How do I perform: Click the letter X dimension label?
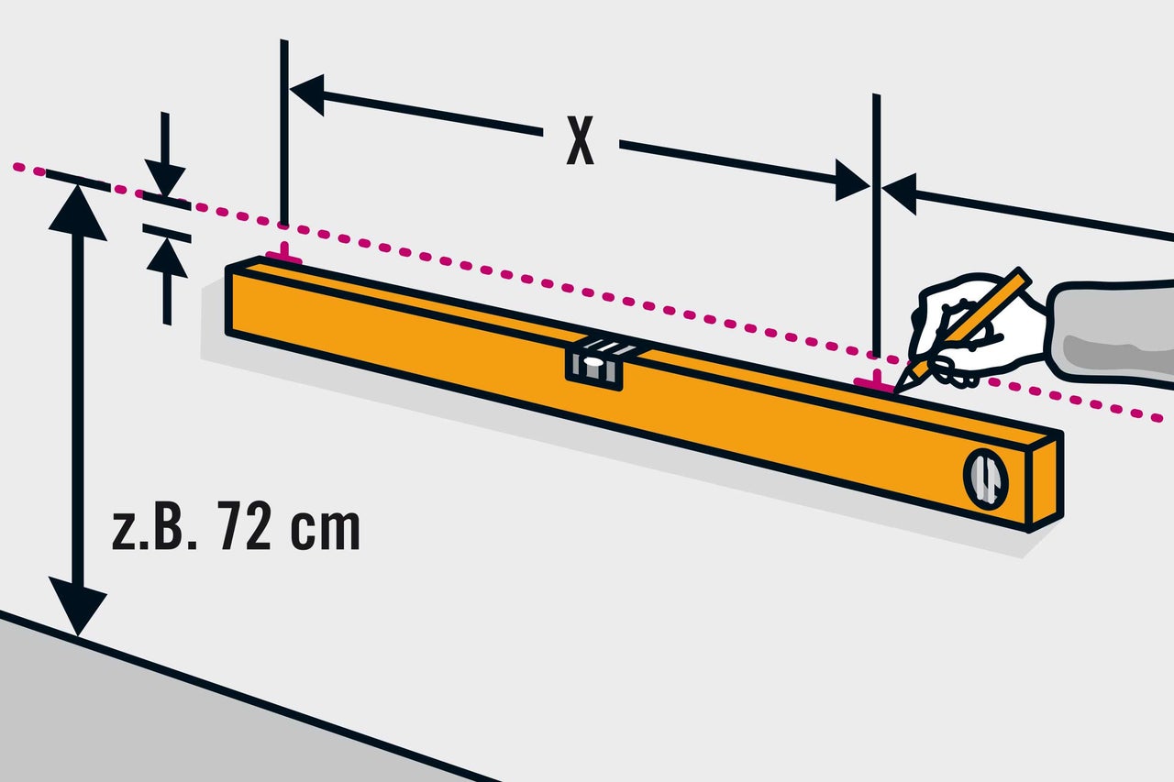point(581,140)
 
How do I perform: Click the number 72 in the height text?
point(245,525)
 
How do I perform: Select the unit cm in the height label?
point(326,529)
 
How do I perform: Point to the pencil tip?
point(897,390)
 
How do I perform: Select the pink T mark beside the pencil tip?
point(874,381)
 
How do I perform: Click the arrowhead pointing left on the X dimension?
point(307,94)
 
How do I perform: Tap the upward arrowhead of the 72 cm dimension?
point(78,212)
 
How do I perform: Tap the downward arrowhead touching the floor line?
point(78,606)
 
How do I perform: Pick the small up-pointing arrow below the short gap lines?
point(167,281)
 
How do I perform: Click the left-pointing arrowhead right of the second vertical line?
point(900,193)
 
